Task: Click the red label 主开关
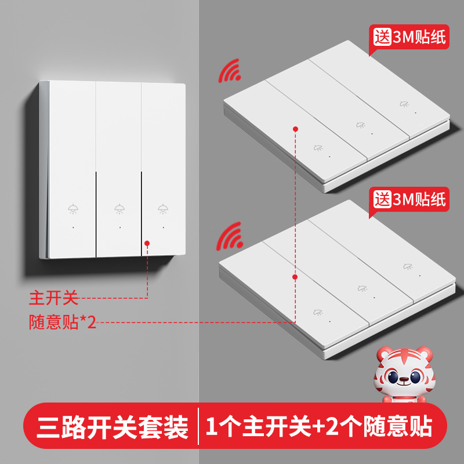53,298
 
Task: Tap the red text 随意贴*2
63,322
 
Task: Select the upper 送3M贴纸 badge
409,37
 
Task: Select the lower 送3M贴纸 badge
409,200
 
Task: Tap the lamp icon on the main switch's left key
73,209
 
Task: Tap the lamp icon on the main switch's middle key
119,209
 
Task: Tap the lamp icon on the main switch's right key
163,209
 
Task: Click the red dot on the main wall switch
147,243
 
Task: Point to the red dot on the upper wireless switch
295,129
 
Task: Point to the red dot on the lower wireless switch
295,277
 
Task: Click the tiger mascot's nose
403,379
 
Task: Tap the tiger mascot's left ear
384,354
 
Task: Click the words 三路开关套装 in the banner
112,427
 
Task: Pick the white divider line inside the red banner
198,426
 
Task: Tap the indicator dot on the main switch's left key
73,227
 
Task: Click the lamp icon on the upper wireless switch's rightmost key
404,104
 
